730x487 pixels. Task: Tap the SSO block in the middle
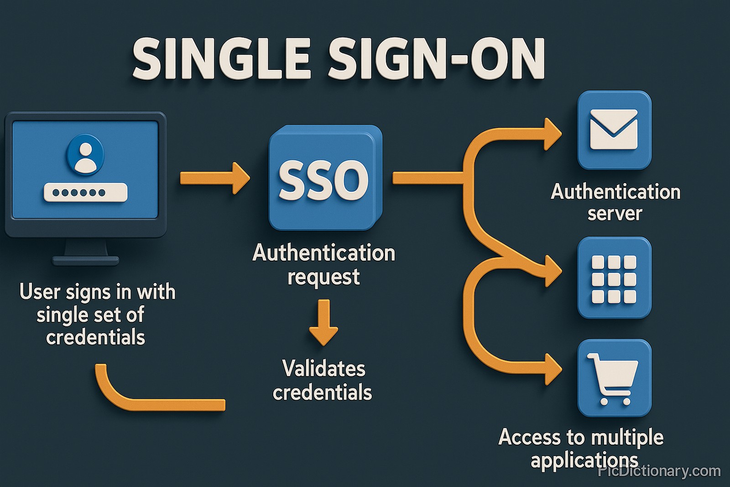tap(324, 178)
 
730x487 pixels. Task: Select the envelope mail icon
tap(614, 130)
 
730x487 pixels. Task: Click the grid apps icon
tap(614, 278)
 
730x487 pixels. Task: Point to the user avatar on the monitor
tap(85, 154)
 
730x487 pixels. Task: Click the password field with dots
tap(85, 193)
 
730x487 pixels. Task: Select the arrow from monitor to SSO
tap(214, 178)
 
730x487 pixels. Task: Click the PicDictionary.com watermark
tap(659, 471)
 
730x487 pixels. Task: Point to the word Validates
tap(323, 369)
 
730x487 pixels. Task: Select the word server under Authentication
tap(615, 214)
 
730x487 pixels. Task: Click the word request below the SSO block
tap(323, 277)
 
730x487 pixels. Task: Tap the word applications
tap(584, 460)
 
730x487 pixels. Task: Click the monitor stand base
tap(86, 261)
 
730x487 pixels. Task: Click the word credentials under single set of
tap(95, 338)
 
